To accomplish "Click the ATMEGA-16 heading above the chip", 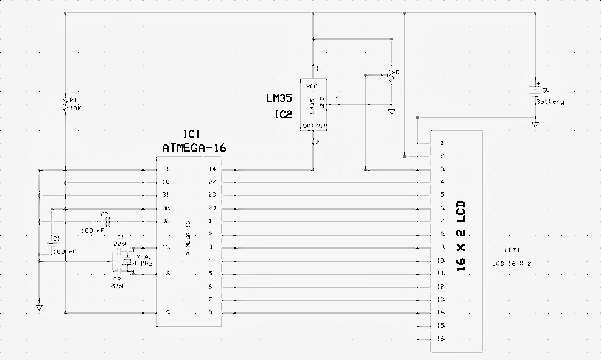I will click(194, 147).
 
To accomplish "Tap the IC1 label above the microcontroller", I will click(192, 134).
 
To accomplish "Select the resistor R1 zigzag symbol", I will click(65, 104).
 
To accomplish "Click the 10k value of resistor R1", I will click(75, 108).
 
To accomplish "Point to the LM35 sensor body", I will click(314, 104).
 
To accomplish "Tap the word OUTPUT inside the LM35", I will click(315, 126).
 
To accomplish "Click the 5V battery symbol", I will click(535, 90).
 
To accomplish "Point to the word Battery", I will click(550, 102).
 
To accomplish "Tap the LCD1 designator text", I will click(512, 250).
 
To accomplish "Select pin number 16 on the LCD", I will click(440, 339).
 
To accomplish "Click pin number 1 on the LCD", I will click(441, 143).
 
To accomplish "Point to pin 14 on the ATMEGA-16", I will click(212, 169).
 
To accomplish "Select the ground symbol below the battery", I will click(535, 124).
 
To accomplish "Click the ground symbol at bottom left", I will click(40, 308).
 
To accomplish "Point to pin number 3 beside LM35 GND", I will click(338, 99).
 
